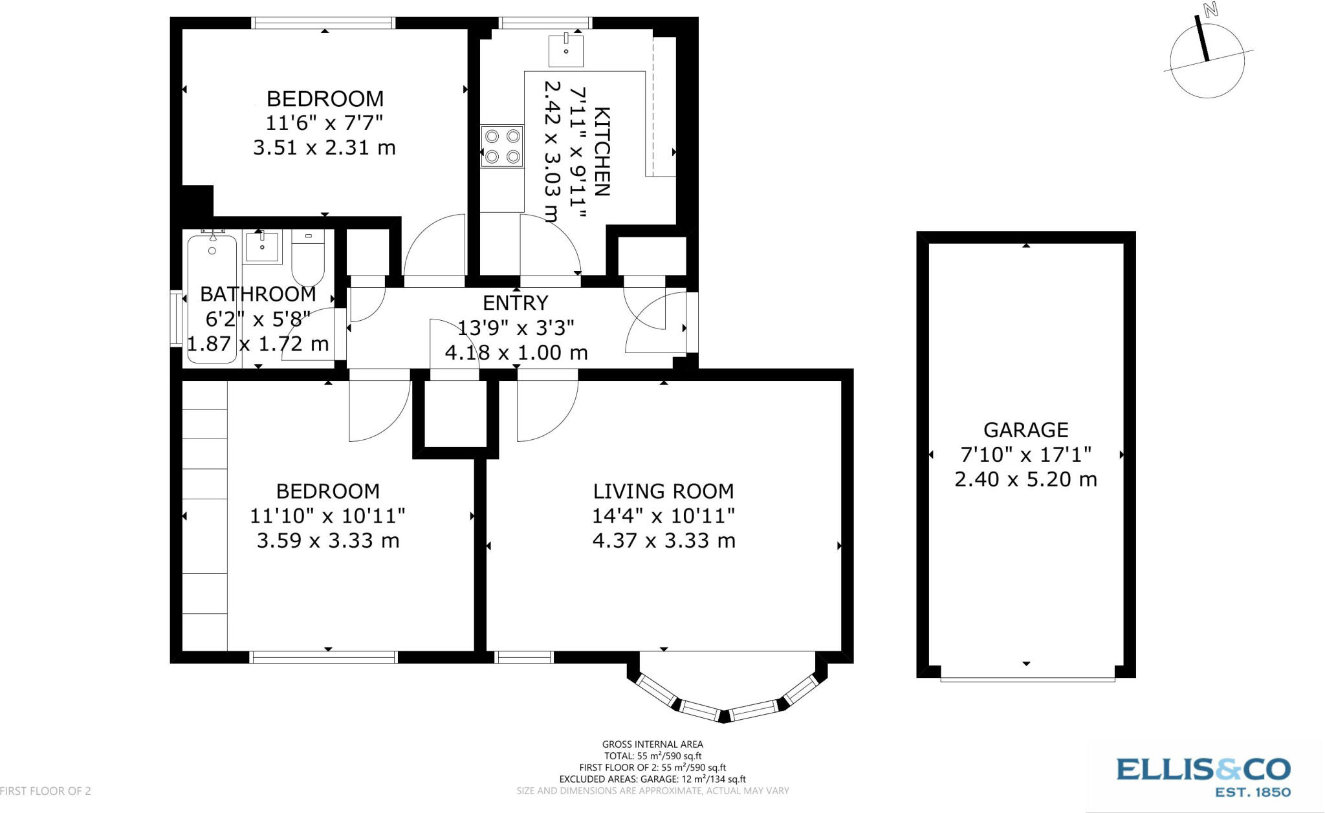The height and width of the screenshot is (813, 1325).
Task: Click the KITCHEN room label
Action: [x=602, y=151]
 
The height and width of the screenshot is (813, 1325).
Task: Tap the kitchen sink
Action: [x=565, y=50]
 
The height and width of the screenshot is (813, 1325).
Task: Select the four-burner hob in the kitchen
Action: [x=502, y=146]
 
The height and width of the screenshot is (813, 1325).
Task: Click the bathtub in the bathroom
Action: [x=212, y=298]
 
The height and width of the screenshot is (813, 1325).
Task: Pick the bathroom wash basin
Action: [x=262, y=248]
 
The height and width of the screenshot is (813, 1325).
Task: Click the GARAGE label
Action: [x=1026, y=430]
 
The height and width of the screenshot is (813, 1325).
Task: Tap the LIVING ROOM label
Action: [x=664, y=492]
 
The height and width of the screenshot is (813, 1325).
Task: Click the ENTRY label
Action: [x=516, y=303]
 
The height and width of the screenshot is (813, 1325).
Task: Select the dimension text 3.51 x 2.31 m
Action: [x=324, y=147]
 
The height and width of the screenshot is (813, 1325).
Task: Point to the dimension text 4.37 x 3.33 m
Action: [x=664, y=541]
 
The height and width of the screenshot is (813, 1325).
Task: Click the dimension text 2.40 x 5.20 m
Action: [x=1026, y=479]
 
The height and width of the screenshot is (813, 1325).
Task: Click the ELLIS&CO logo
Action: [x=1203, y=776]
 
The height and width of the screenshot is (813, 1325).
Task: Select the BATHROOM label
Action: [x=258, y=294]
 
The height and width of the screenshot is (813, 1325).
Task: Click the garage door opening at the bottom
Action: [x=1027, y=678]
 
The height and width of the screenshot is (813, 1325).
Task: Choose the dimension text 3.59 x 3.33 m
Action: [x=328, y=541]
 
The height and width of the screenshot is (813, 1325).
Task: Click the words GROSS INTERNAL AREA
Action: [x=652, y=744]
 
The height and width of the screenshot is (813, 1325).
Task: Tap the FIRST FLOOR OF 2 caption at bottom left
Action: [x=45, y=791]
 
